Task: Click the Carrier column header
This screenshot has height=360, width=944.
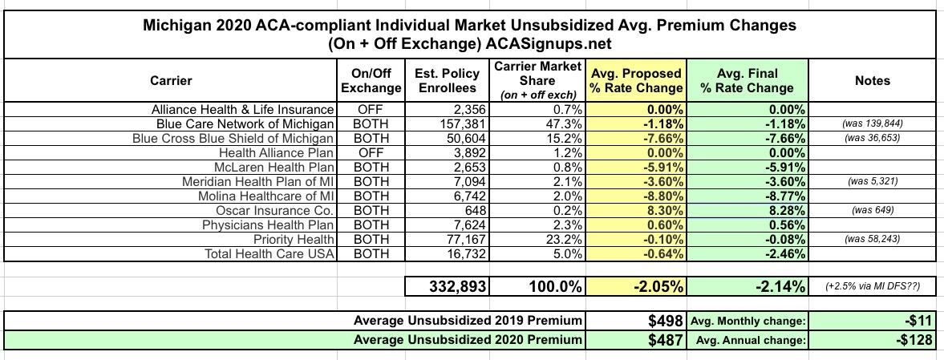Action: [x=171, y=80]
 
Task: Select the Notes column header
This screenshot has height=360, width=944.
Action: [x=872, y=80]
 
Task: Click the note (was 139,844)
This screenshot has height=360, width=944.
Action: [x=872, y=123]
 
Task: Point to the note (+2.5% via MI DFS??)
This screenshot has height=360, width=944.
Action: [x=872, y=286]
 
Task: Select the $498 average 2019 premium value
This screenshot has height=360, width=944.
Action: [x=665, y=321]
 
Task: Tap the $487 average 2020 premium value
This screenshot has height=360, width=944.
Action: [x=665, y=339]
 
